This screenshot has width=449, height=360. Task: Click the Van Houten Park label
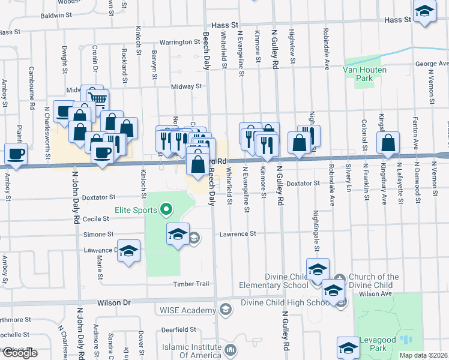364,74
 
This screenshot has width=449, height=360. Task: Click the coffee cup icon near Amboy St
16,153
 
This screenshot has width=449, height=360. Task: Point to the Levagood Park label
378,340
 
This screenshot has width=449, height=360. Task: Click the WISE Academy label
187,310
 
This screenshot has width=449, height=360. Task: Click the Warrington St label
179,42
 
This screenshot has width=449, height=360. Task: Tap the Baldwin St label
55,14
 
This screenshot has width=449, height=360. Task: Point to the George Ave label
432,64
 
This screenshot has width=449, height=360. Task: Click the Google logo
20,353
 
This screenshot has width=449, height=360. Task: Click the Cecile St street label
96,219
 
